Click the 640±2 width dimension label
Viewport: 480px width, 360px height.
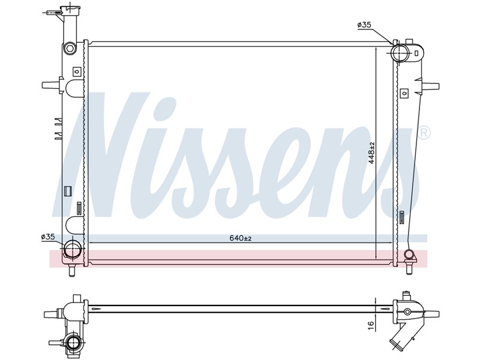(241, 238)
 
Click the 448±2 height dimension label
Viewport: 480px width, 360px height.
(371, 153)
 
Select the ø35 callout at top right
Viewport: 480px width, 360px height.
(364, 25)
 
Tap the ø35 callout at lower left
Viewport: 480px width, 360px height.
(48, 236)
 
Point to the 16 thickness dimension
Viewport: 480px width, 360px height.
(371, 325)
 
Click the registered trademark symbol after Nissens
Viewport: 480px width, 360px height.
(424, 133)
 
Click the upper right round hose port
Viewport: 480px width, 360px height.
(400, 53)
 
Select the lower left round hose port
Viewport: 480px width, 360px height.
(73, 248)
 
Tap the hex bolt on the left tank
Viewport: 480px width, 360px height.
(70, 49)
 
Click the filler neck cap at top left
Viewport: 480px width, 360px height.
(70, 10)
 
